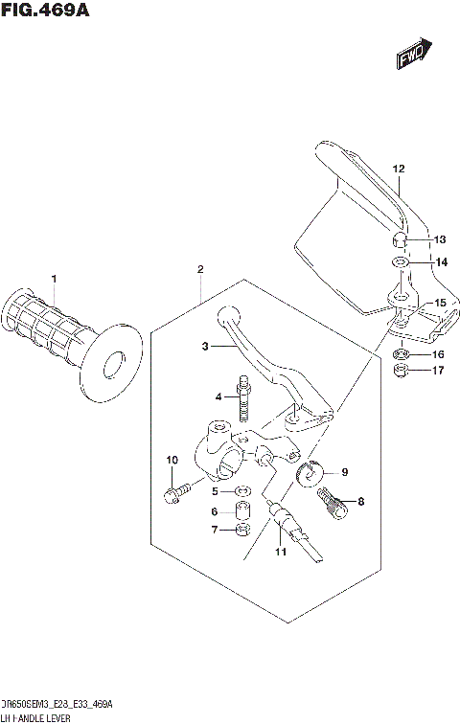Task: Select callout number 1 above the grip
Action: (x=54, y=279)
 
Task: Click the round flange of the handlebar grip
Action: (x=114, y=361)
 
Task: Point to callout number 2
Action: (x=200, y=270)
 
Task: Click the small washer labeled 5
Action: (x=243, y=492)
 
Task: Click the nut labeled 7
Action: (x=243, y=530)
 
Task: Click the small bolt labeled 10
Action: (x=172, y=494)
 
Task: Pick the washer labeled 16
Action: (x=402, y=353)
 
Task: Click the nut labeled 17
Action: (x=402, y=370)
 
